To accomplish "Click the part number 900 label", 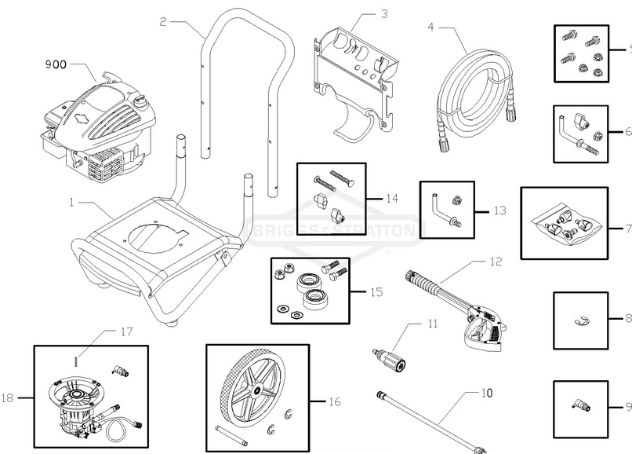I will click(x=56, y=64).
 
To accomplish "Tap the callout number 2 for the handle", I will click(x=163, y=22).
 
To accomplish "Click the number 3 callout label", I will click(x=383, y=14).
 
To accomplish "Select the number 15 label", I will click(x=376, y=291).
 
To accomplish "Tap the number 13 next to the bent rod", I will click(x=499, y=211).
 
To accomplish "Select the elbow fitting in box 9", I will click(x=579, y=405).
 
